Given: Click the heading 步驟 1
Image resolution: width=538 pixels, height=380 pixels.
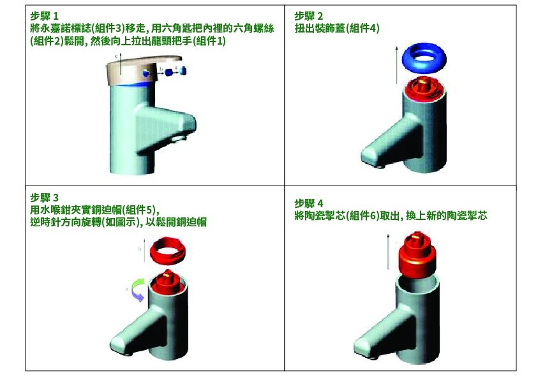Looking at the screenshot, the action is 44,16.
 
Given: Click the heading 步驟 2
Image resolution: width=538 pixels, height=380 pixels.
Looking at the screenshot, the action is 308,16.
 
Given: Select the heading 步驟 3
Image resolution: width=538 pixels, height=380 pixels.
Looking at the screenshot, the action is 44,198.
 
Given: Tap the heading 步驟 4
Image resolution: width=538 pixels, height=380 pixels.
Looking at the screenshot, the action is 308,203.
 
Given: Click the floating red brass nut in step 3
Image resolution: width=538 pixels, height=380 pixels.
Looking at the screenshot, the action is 168,251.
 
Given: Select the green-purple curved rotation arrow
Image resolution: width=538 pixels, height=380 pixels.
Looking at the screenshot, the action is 137,290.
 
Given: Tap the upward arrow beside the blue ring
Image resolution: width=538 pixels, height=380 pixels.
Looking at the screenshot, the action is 396,65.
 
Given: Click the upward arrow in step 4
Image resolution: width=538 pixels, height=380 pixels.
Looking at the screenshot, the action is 389,252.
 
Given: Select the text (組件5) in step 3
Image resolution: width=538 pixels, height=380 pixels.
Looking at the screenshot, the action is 140,210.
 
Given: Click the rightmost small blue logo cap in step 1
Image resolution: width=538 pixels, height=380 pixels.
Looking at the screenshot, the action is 183,71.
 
